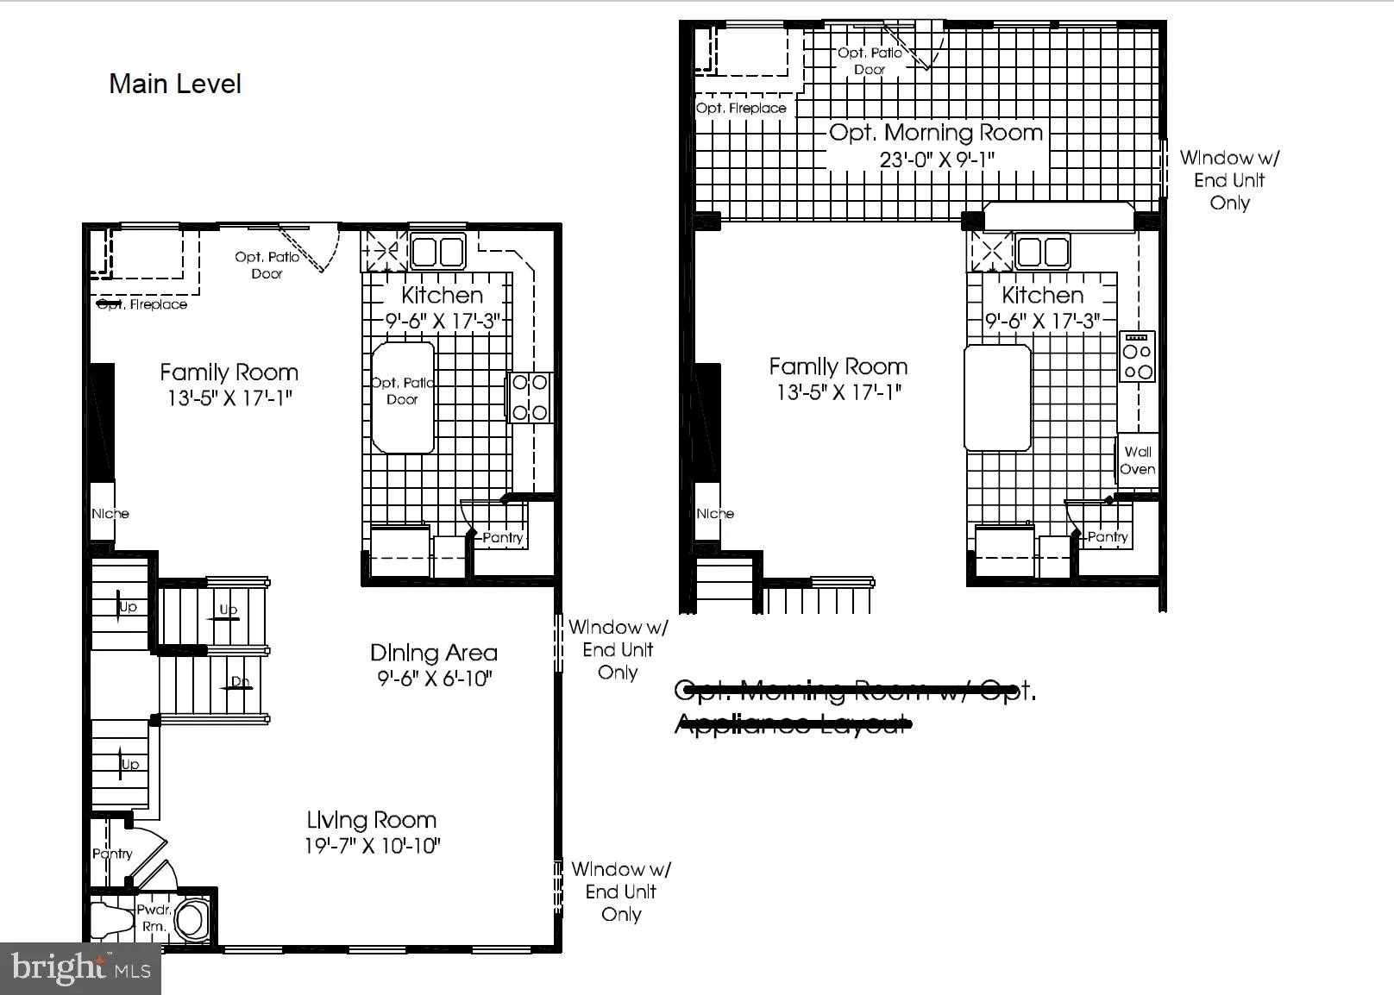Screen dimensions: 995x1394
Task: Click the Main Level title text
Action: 175,84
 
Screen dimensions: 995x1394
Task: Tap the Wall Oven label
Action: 1137,460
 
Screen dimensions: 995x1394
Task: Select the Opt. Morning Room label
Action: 936,133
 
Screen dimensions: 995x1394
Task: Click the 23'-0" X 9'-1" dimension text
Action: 937,160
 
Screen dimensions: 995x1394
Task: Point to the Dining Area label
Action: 433,653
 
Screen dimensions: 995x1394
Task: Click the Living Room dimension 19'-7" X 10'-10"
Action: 372,846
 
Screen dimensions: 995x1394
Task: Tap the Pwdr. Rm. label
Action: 155,918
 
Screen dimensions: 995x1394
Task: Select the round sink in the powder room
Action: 191,920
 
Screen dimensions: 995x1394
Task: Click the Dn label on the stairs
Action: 239,683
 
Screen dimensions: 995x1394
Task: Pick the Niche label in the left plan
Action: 110,514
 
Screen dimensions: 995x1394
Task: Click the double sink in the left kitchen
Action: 437,252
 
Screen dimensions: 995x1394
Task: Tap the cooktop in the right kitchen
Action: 1137,356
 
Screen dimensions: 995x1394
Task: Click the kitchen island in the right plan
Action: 997,397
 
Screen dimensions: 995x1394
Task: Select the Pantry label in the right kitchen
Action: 1108,536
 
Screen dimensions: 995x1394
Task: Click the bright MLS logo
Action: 80,968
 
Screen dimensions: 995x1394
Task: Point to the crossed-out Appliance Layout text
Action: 792,723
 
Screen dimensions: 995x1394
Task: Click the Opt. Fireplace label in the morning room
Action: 741,109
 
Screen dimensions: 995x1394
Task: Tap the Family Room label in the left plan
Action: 229,372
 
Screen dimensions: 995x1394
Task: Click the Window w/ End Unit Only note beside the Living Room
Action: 620,892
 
